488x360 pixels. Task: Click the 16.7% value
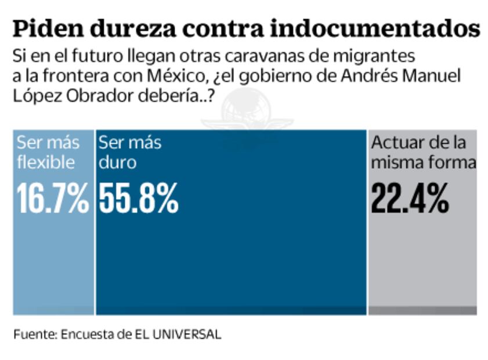tap(53, 199)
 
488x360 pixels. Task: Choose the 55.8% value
tap(138, 199)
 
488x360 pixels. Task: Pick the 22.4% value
tap(410, 199)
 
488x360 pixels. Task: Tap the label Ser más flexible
tap(46, 152)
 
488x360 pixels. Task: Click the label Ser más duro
tap(129, 152)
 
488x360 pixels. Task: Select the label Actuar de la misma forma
tap(422, 152)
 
